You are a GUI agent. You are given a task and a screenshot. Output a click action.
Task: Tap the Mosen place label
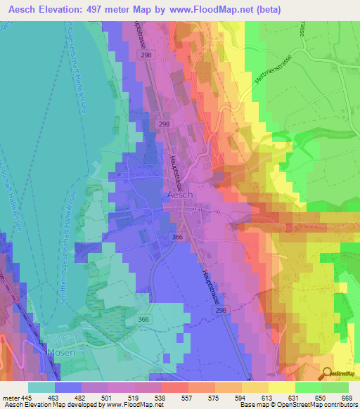pyautogui.click(x=60, y=351)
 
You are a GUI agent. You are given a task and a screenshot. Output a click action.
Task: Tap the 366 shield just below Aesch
pyautogui.click(x=176, y=238)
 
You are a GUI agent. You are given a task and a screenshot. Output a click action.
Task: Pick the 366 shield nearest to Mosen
pyautogui.click(x=143, y=320)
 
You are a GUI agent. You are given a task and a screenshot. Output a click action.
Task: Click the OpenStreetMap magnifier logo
pyautogui.click(x=327, y=374)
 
